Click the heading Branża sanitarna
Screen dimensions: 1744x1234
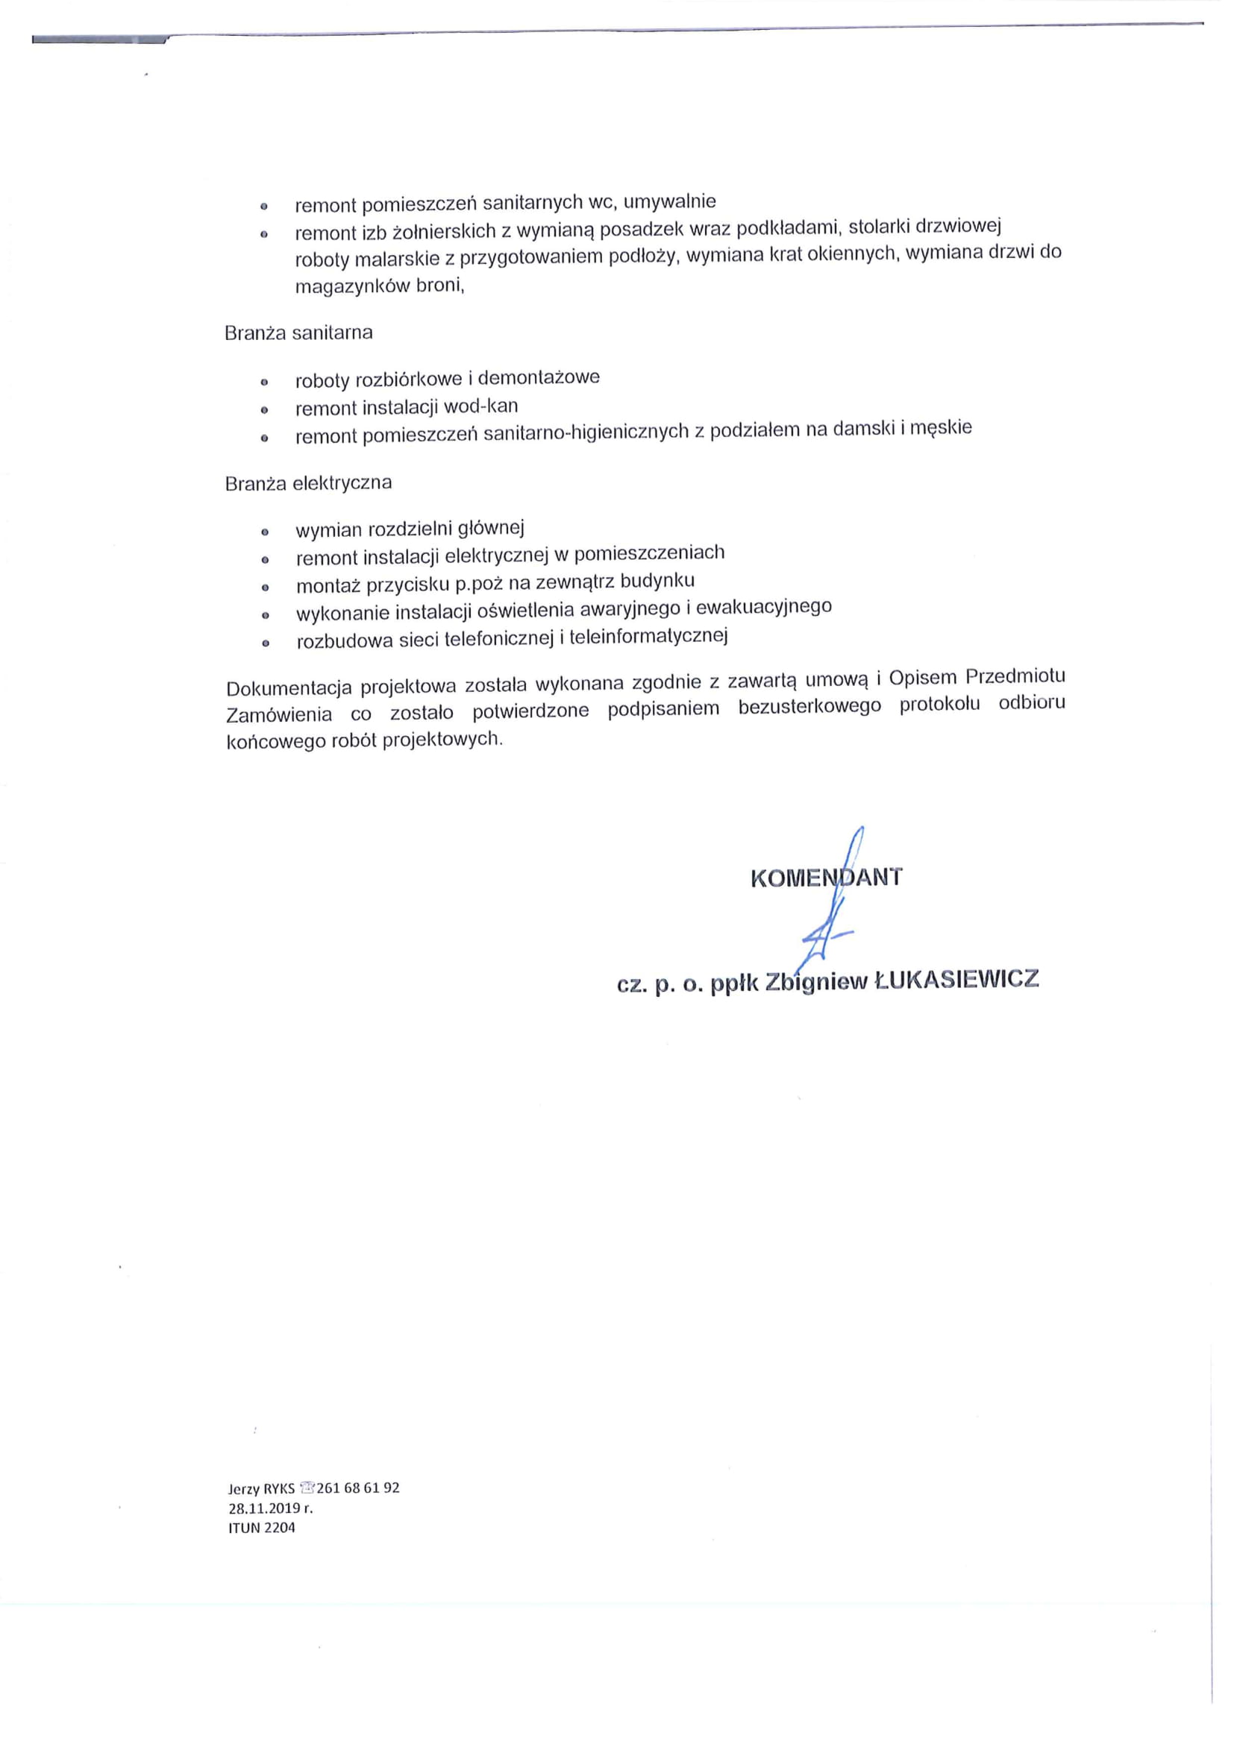click(x=298, y=333)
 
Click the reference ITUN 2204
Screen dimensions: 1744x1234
click(x=261, y=1528)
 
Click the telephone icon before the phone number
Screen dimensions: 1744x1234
click(x=306, y=1488)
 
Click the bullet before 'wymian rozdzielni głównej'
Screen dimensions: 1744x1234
click(x=265, y=532)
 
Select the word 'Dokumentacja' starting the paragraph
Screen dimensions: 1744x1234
click(x=289, y=688)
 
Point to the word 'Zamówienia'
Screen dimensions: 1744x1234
click(x=279, y=715)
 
